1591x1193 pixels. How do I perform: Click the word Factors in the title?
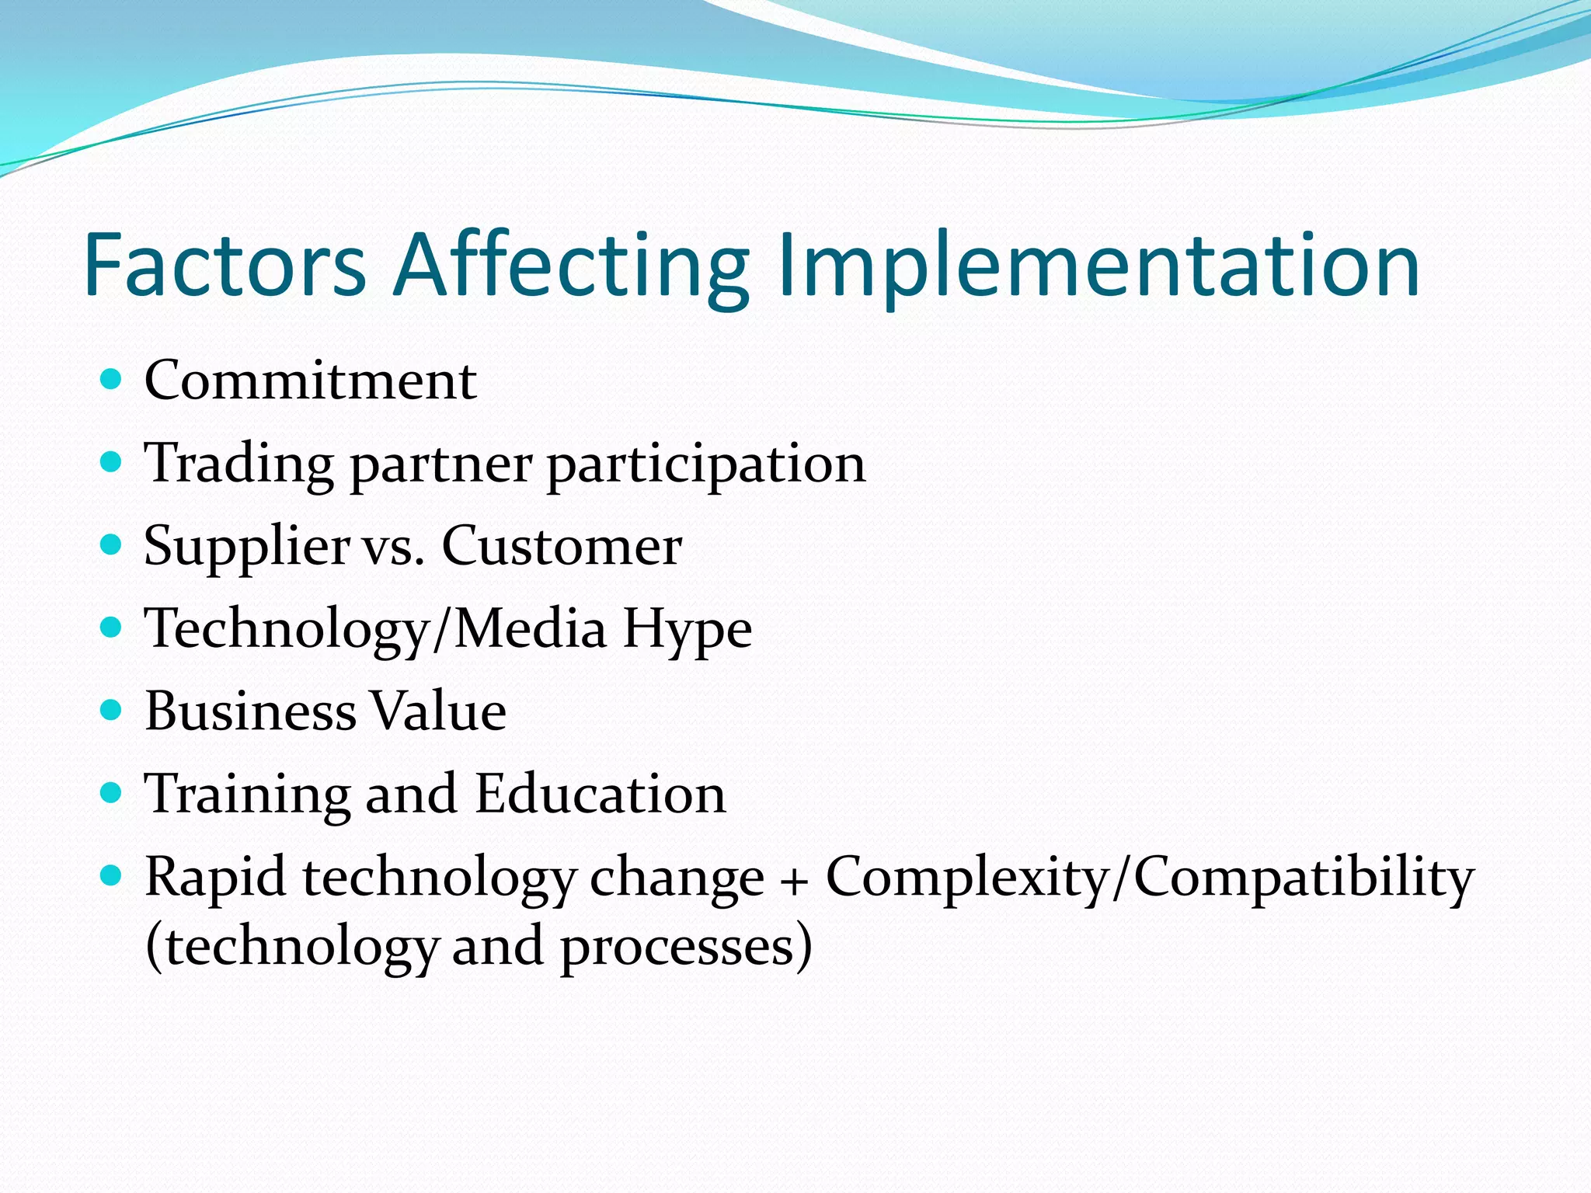click(225, 266)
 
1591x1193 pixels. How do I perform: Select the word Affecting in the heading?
click(571, 266)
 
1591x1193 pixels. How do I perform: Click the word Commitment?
click(310, 381)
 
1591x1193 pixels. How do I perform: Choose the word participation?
click(706, 464)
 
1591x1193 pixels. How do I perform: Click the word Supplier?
click(247, 547)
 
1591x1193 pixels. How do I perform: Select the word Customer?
click(562, 547)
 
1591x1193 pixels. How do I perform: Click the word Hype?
click(687, 629)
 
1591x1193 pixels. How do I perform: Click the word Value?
click(438, 711)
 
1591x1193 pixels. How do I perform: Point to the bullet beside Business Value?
click(112, 710)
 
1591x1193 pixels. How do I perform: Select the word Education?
click(600, 795)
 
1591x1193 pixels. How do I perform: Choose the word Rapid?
click(215, 878)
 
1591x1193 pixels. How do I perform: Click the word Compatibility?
click(1304, 878)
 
